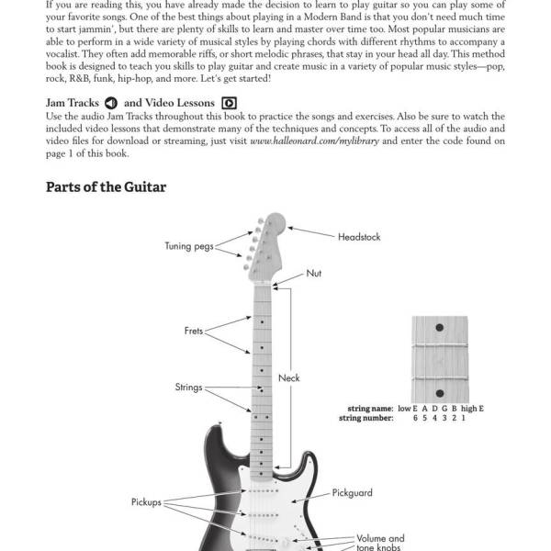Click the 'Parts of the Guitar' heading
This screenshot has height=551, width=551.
click(x=106, y=187)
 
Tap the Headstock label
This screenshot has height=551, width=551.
click(x=359, y=237)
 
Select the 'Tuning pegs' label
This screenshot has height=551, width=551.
click(x=189, y=246)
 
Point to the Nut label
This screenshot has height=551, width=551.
click(x=313, y=273)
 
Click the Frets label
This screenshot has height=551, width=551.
click(x=194, y=331)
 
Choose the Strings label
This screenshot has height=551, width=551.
click(x=188, y=387)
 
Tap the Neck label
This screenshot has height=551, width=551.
click(x=289, y=377)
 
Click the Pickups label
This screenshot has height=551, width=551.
click(x=146, y=501)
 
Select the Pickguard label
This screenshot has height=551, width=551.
click(x=352, y=493)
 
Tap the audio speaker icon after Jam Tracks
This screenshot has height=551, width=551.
click(x=111, y=103)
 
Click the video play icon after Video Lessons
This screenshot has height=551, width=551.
click(x=229, y=103)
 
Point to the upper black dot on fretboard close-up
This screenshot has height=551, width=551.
click(x=439, y=328)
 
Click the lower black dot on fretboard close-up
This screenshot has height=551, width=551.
click(x=440, y=393)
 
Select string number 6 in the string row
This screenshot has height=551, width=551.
click(x=415, y=418)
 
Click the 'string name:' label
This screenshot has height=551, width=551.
click(x=370, y=409)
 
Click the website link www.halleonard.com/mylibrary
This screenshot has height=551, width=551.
click(x=314, y=141)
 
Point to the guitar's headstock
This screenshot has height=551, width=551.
click(x=266, y=247)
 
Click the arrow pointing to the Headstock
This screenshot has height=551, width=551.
click(x=311, y=232)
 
